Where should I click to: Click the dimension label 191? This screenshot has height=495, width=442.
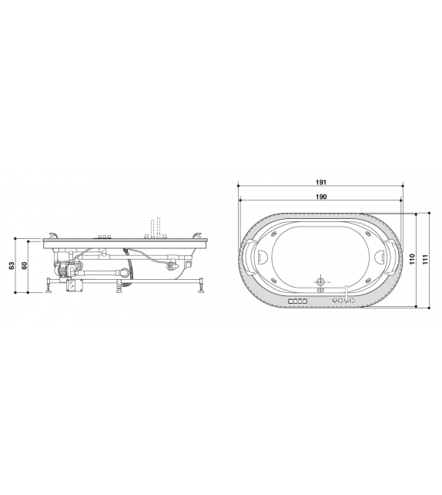pos(321,183)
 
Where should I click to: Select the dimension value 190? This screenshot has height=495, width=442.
pos(321,197)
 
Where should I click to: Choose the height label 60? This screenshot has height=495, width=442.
pos(25,265)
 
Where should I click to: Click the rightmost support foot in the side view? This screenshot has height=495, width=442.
pos(203,288)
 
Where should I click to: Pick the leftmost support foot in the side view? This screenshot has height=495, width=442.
pos(50,288)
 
